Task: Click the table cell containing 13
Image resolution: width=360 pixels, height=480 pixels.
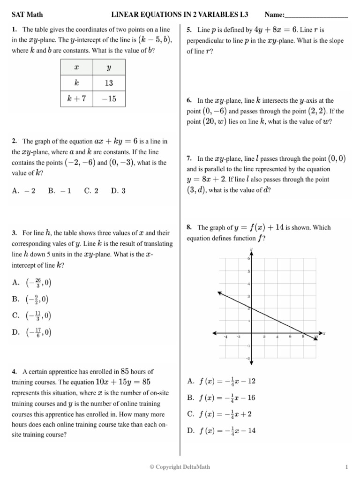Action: tap(109, 83)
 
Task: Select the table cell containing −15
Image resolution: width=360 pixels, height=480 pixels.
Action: tap(109, 99)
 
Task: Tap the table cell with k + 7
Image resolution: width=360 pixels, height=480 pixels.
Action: tap(77, 99)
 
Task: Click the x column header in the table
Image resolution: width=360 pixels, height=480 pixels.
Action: tap(77, 67)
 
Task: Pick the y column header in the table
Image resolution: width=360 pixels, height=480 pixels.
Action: tap(109, 67)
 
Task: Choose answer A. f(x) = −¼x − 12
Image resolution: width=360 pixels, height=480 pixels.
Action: tap(221, 381)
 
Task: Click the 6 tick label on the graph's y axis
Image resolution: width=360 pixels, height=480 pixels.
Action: tap(248, 259)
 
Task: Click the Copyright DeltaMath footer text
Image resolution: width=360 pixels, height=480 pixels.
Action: tap(180, 467)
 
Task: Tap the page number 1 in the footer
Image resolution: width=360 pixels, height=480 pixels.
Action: tap(346, 467)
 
